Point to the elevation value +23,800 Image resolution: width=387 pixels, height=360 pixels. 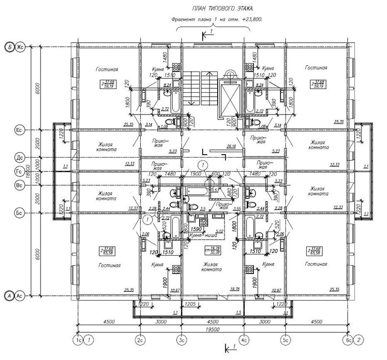tap(248, 20)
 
